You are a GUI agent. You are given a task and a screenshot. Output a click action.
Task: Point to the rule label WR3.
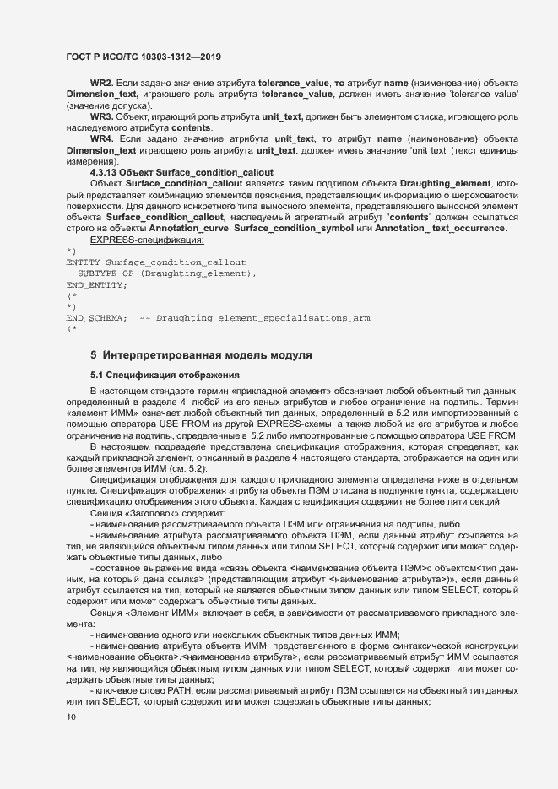coord(101,115)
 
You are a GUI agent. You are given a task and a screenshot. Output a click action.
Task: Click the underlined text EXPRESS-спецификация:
coord(147,240)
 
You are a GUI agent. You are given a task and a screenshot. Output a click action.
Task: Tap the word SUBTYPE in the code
coord(95,273)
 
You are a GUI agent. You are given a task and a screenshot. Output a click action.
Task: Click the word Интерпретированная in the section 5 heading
coord(166,354)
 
